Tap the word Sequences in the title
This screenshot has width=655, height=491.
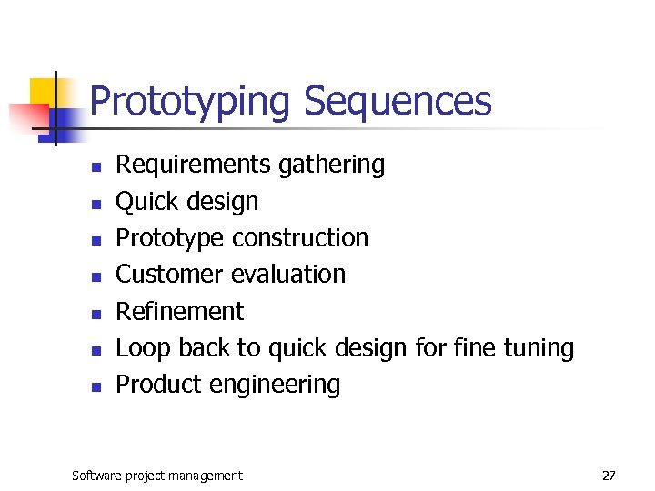398,102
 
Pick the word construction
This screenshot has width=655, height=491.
300,237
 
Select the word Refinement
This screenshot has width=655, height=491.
180,311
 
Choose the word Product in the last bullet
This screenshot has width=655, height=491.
159,384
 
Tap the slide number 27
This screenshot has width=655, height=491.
609,476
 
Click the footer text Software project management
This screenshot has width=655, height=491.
157,476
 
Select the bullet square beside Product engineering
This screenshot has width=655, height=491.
95,386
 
